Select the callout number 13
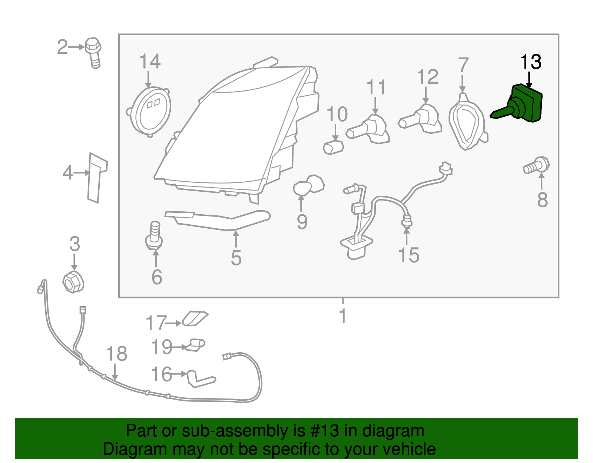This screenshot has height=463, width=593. point(530,62)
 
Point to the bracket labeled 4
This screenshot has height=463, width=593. point(97,178)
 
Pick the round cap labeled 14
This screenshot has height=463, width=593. point(149,112)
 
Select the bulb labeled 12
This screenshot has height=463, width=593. point(421,119)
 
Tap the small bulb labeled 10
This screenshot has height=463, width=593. point(333,147)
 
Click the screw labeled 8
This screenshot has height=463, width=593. point(537,165)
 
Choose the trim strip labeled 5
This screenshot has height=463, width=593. point(218,220)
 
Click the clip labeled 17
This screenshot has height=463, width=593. point(195,318)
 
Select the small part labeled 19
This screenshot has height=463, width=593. point(195,345)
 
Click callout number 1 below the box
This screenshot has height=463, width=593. point(343,316)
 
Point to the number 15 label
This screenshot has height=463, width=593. point(409,255)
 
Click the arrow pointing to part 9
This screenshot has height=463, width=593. point(301,204)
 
